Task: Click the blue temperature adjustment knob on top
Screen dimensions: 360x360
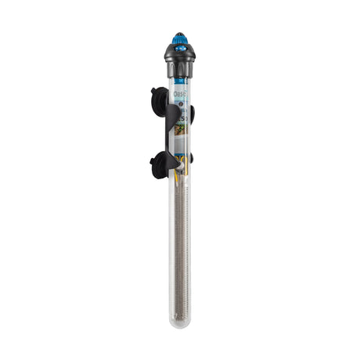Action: [179, 38]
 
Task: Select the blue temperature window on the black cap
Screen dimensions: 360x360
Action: [179, 50]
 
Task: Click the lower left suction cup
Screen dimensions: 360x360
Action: [157, 164]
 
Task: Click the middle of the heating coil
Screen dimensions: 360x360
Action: [180, 250]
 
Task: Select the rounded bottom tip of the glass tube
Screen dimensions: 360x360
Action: [180, 324]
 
